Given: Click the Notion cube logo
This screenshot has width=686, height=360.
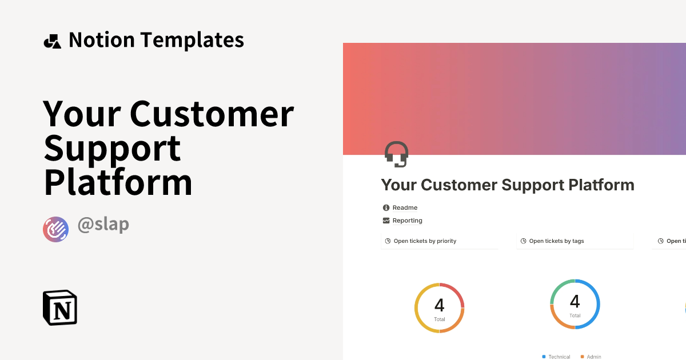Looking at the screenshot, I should [x=60, y=308].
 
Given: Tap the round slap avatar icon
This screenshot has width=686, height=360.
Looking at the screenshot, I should [x=55, y=229].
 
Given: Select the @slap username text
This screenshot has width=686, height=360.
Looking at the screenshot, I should [x=103, y=225].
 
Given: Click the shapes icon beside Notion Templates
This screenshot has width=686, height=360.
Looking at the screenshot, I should [x=52, y=41].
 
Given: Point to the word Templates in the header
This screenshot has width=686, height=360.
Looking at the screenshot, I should [x=192, y=40].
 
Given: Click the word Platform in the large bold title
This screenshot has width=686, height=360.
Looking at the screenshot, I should [x=118, y=182].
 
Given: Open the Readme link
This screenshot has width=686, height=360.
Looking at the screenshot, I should [x=405, y=207].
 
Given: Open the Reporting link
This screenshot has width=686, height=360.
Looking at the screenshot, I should [x=407, y=221].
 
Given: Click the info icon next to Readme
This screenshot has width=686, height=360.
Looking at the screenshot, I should [x=386, y=207].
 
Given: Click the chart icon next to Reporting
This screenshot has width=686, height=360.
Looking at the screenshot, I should [x=386, y=221].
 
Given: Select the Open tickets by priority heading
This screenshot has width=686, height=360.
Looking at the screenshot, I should [x=425, y=241].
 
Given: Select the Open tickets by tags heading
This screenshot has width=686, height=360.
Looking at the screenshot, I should [x=556, y=241].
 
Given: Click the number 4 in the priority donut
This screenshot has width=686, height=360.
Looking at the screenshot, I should [x=439, y=305].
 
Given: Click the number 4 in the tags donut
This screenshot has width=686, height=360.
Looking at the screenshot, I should [x=575, y=301].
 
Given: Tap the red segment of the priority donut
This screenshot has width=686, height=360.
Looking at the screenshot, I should [x=455, y=291].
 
